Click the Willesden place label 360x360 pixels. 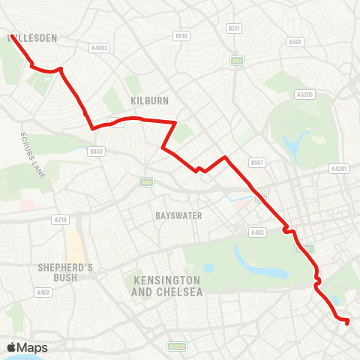click(x=32, y=36)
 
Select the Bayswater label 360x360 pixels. click(x=178, y=215)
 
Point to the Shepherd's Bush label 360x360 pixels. click(x=65, y=272)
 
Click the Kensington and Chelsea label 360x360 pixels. click(x=166, y=286)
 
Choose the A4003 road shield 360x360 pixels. click(x=100, y=47)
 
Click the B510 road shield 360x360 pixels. click(x=181, y=35)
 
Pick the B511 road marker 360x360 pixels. click(x=234, y=28)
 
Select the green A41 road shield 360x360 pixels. click(x=238, y=61)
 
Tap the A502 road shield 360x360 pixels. click(x=295, y=42)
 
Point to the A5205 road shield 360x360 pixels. click(x=304, y=94)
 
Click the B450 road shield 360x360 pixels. click(x=95, y=151)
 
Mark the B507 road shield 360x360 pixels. click(x=257, y=162)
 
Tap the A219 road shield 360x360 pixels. click(x=61, y=219)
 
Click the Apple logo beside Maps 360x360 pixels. click(x=12, y=347)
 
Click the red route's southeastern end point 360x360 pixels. click(x=347, y=322)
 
